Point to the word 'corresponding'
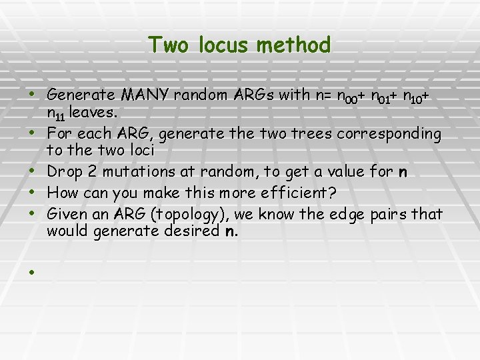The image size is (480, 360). (x=389, y=135)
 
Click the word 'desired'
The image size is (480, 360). (x=195, y=231)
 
